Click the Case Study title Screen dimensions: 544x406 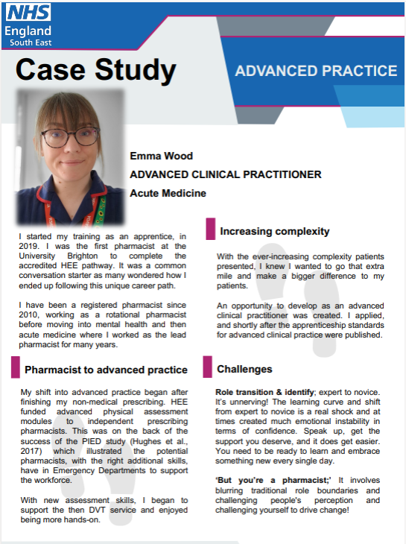tap(95, 71)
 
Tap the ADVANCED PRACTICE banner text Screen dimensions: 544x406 tap(316, 71)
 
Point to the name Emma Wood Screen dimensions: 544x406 tap(161, 156)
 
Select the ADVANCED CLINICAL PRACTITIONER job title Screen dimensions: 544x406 tap(226, 174)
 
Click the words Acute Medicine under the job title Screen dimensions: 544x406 tap(168, 193)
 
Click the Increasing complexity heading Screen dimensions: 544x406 tap(274, 232)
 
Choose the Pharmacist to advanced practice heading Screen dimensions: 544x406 tap(106, 370)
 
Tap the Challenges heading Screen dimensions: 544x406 tap(244, 369)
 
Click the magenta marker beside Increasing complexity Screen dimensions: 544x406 tap(209, 230)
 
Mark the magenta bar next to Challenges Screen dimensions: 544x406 tap(207, 367)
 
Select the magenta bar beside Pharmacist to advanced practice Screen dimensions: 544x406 tap(15, 367)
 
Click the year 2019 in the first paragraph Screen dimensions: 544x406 tap(25, 246)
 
